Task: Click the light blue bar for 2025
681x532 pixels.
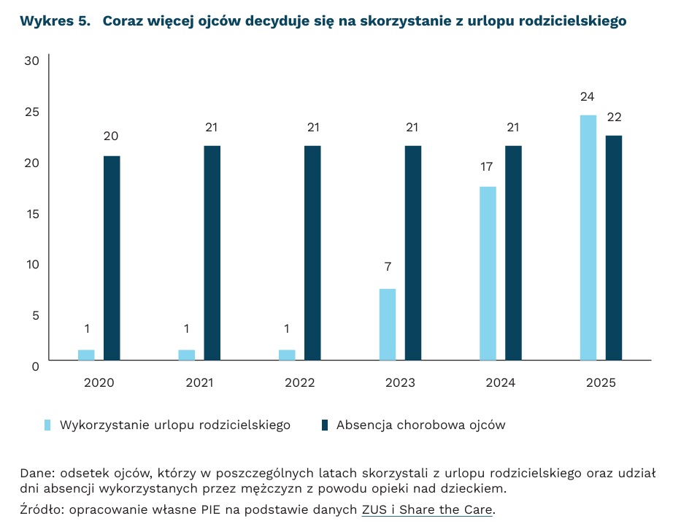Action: [x=588, y=237]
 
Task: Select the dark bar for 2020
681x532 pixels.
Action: [x=112, y=258]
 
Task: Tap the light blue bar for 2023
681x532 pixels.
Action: [x=388, y=324]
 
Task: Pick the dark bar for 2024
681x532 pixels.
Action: [x=513, y=252]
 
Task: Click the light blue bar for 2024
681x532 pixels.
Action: [x=488, y=273]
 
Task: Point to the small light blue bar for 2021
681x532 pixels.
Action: [x=187, y=355]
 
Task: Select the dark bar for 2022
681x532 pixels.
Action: [x=312, y=252]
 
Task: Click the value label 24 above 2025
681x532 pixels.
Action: [x=588, y=96]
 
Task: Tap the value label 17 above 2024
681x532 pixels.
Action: [x=487, y=167]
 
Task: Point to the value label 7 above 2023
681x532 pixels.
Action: [x=388, y=267]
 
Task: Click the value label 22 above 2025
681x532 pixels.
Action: [x=614, y=117]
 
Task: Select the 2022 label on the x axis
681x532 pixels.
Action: [x=300, y=382]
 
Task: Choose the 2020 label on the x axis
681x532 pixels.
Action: [x=99, y=382]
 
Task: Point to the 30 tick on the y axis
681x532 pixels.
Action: [x=31, y=61]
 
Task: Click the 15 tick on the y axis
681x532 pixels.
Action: [x=31, y=213]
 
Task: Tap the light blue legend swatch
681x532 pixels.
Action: [x=48, y=425]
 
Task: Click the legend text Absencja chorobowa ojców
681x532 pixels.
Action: [x=420, y=425]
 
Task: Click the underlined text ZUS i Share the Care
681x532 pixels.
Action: [x=428, y=509]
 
